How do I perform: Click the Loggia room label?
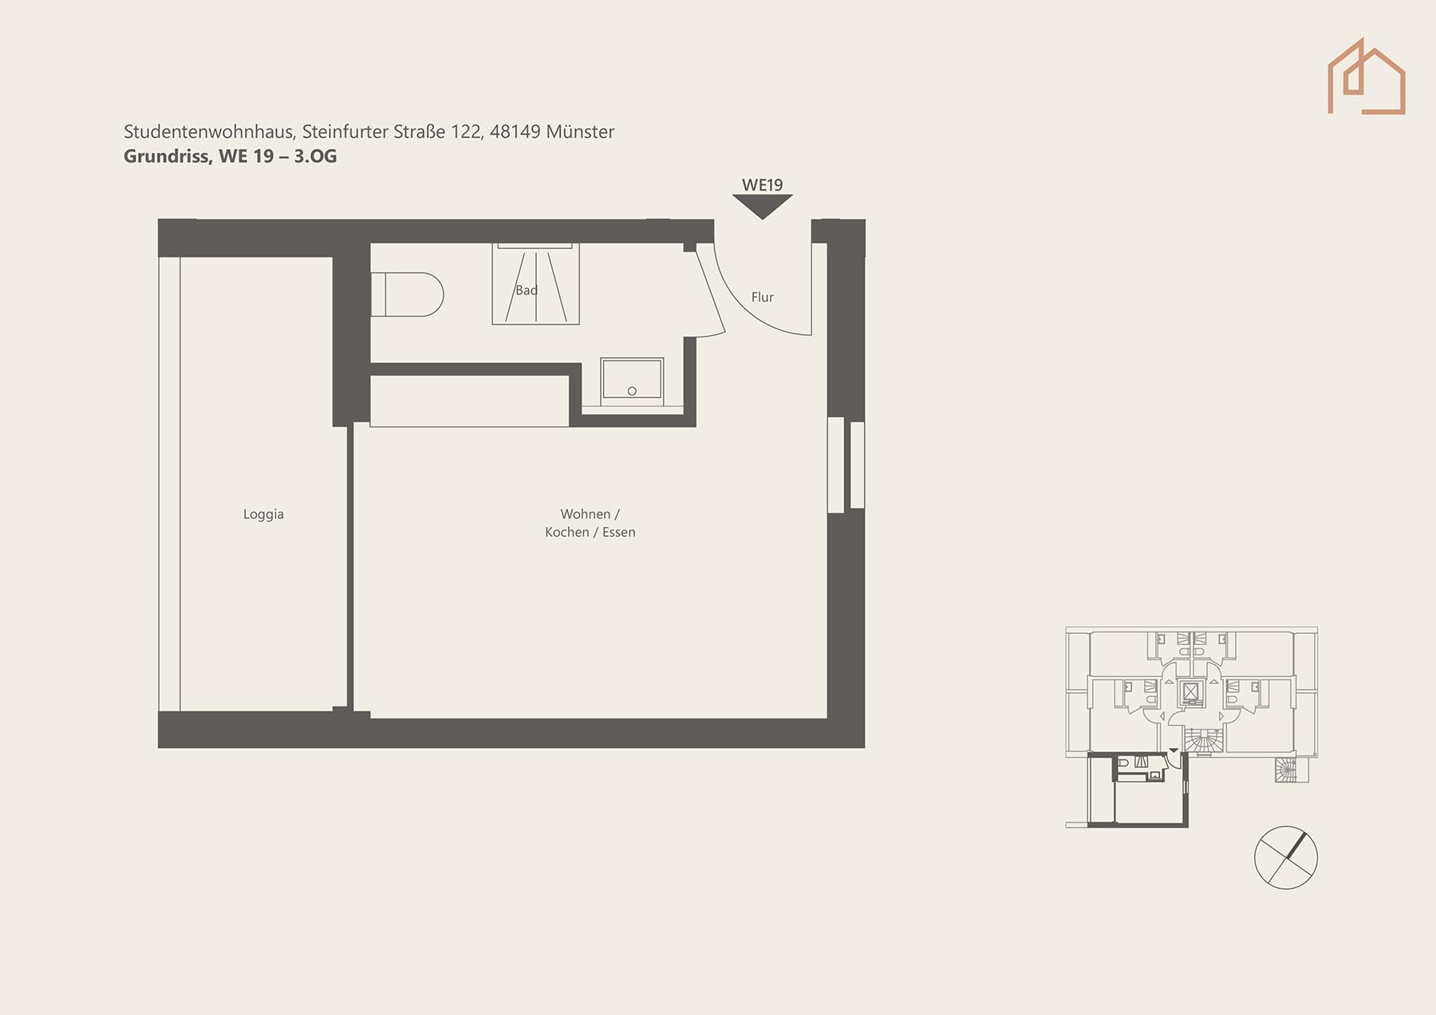(263, 514)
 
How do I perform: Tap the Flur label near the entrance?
(763, 297)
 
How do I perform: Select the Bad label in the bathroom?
(527, 290)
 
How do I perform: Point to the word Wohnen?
(585, 514)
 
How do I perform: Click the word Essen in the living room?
(619, 533)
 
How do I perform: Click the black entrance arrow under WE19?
(763, 207)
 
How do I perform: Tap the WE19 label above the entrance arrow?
(763, 185)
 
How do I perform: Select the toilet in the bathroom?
(407, 294)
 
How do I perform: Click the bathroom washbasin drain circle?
(632, 391)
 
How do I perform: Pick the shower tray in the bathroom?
(535, 284)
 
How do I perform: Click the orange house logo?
(1366, 77)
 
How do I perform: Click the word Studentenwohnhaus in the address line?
(210, 132)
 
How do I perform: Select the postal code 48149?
(515, 132)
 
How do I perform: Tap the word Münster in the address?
(580, 132)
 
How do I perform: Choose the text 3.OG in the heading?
(315, 156)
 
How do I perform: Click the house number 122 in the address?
(467, 132)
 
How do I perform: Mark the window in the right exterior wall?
(846, 465)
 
